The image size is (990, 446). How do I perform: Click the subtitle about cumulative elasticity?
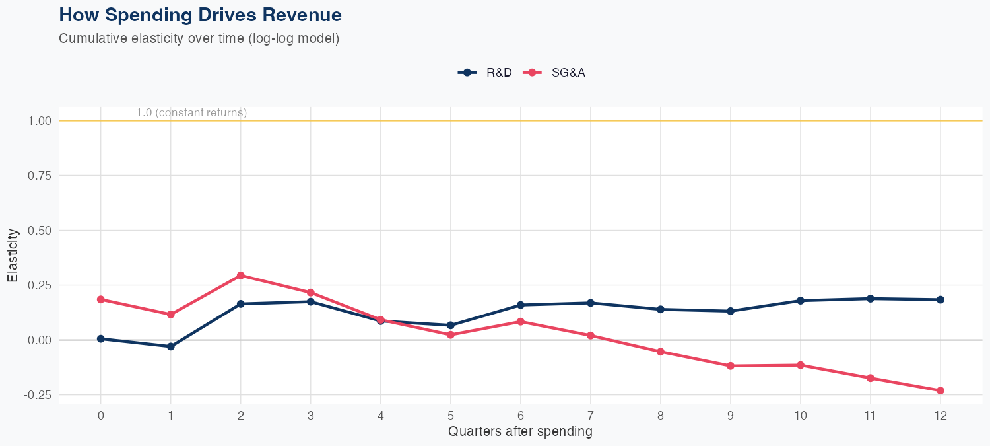pos(199,38)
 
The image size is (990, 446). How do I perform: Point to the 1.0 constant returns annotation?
pos(191,113)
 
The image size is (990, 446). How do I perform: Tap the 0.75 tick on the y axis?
pos(40,176)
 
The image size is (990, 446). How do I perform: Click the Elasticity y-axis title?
pos(13,254)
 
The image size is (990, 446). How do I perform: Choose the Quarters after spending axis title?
pos(520,432)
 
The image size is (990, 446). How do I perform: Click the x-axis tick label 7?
pos(590,416)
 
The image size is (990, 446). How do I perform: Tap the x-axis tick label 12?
pos(940,416)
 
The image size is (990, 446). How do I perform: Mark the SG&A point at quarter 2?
pos(240,276)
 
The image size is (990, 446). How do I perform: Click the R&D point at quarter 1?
pos(170,346)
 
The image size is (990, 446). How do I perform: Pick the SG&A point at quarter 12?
pos(940,390)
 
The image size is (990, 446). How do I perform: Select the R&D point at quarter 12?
pos(940,299)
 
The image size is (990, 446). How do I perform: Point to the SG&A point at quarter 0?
pos(100,299)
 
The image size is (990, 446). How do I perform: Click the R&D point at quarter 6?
pos(520,305)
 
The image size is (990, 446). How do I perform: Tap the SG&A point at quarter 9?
pos(730,366)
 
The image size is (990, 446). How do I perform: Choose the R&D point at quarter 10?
pos(800,301)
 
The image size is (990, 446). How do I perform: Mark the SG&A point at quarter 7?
pos(590,336)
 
